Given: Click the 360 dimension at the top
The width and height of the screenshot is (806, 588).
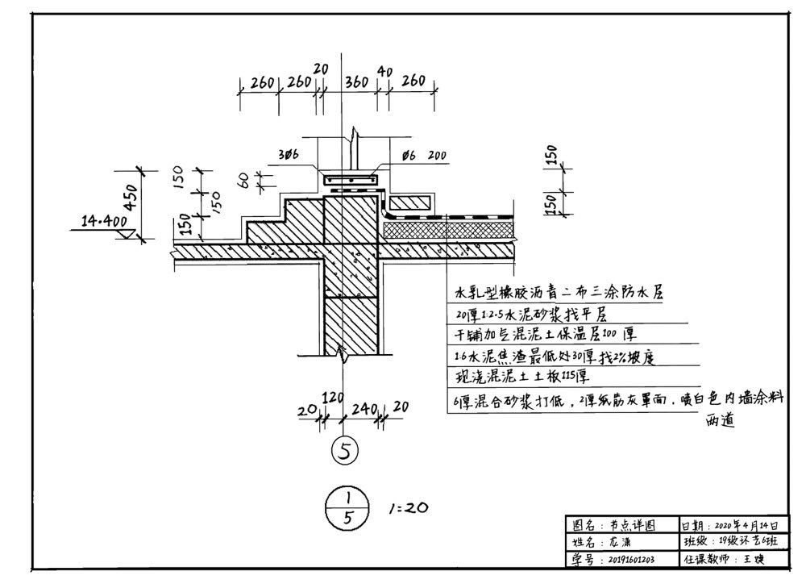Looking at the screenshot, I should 356,82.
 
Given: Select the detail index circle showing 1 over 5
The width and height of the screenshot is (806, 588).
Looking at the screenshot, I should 347,509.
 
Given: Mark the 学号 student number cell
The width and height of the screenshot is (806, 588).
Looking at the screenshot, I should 620,558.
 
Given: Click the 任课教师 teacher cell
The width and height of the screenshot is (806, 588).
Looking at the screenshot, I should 730,558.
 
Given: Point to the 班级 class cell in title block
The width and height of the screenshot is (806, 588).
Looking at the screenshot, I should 730,542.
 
